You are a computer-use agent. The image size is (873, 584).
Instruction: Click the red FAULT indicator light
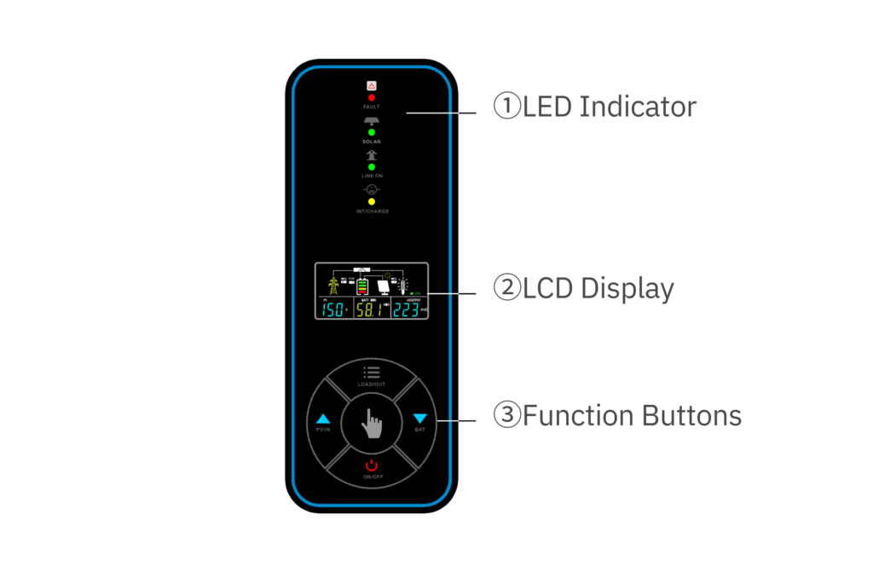[372, 98]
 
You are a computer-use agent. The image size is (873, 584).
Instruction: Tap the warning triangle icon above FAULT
[372, 85]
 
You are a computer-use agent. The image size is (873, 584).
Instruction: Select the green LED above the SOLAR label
[372, 132]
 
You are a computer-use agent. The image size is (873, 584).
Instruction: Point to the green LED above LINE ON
[372, 167]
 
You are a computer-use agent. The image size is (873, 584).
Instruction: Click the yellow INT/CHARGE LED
[372, 201]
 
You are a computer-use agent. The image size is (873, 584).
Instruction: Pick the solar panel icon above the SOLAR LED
[372, 121]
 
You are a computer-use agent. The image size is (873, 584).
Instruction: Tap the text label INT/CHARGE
[373, 211]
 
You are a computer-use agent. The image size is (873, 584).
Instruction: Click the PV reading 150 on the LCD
[333, 309]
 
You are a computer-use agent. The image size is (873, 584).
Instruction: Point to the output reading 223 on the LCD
[406, 309]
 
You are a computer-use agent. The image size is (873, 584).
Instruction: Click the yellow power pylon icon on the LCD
[333, 282]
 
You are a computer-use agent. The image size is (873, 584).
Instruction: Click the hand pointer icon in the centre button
[372, 422]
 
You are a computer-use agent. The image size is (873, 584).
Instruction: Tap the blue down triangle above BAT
[419, 419]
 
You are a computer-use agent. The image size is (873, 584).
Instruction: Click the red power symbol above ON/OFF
[372, 465]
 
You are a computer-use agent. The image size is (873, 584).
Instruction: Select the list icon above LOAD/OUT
[372, 373]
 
